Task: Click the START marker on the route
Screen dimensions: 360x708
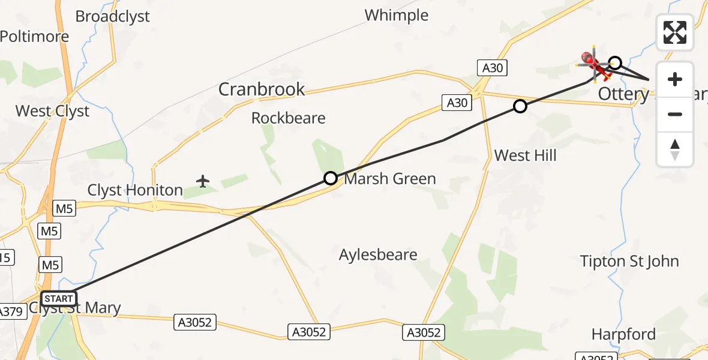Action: coord(58,299)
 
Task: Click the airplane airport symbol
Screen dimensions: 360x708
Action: coord(203,181)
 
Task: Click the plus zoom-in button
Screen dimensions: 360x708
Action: coord(675,79)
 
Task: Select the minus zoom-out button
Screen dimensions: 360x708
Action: coord(675,114)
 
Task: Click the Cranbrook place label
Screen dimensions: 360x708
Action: coord(262,90)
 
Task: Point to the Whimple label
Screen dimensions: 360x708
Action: coord(397,15)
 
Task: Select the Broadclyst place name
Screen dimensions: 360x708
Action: coord(113,16)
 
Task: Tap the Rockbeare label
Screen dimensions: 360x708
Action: coord(288,118)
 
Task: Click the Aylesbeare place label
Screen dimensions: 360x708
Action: coord(378,255)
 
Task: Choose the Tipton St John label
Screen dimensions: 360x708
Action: coord(629,262)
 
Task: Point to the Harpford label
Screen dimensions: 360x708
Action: coord(623,334)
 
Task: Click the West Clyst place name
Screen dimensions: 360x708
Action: coord(52,111)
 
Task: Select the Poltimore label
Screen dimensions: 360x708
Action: coord(34,37)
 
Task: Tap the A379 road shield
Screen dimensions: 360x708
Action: coord(10,312)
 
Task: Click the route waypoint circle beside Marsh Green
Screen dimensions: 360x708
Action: coord(331,178)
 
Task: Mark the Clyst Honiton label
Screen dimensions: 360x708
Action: coord(135,191)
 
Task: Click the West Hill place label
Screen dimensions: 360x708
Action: coord(526,156)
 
